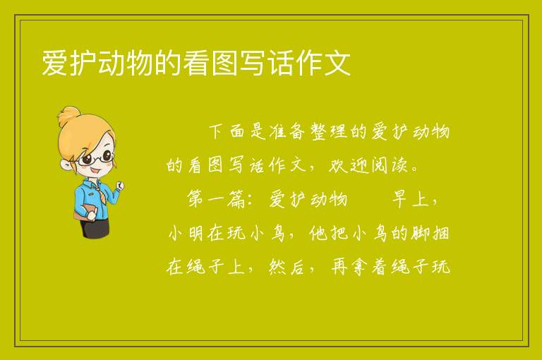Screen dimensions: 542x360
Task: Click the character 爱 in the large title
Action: [54, 63]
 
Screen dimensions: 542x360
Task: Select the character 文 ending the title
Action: [337, 63]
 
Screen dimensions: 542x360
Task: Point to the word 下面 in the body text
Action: [227, 131]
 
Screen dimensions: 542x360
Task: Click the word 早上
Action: [410, 199]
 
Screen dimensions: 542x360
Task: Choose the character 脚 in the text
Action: [420, 233]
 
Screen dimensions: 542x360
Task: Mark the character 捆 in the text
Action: [440, 233]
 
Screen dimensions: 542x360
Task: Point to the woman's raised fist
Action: [120, 185]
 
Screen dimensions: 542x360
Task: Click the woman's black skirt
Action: [95, 227]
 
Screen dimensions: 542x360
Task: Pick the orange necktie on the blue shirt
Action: [101, 192]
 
